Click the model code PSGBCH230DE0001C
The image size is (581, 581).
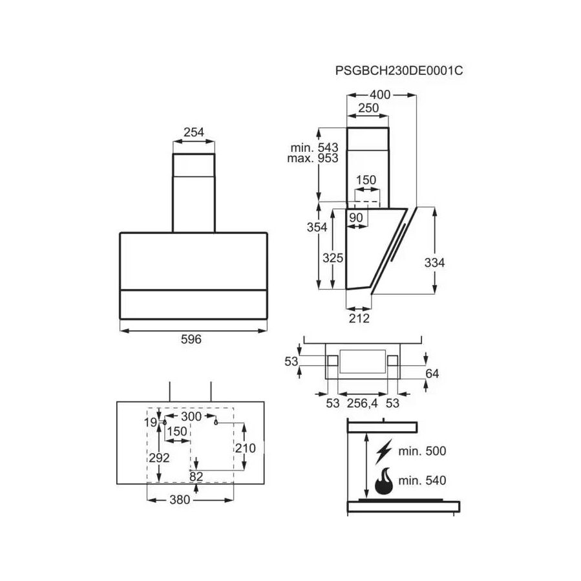click(399, 71)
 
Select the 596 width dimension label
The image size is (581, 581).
click(192, 339)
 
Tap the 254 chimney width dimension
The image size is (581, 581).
click(194, 132)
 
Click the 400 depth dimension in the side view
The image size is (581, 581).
click(380, 94)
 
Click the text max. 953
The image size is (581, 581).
click(313, 158)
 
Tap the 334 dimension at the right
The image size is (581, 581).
click(435, 263)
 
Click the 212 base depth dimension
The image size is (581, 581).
click(359, 318)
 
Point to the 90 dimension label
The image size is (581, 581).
click(356, 218)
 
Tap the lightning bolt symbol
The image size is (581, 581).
click(385, 450)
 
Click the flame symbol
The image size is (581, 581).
click(385, 481)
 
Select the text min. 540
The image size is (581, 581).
click(423, 481)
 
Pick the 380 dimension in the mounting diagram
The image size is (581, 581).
click(180, 499)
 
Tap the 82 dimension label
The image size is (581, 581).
click(196, 476)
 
